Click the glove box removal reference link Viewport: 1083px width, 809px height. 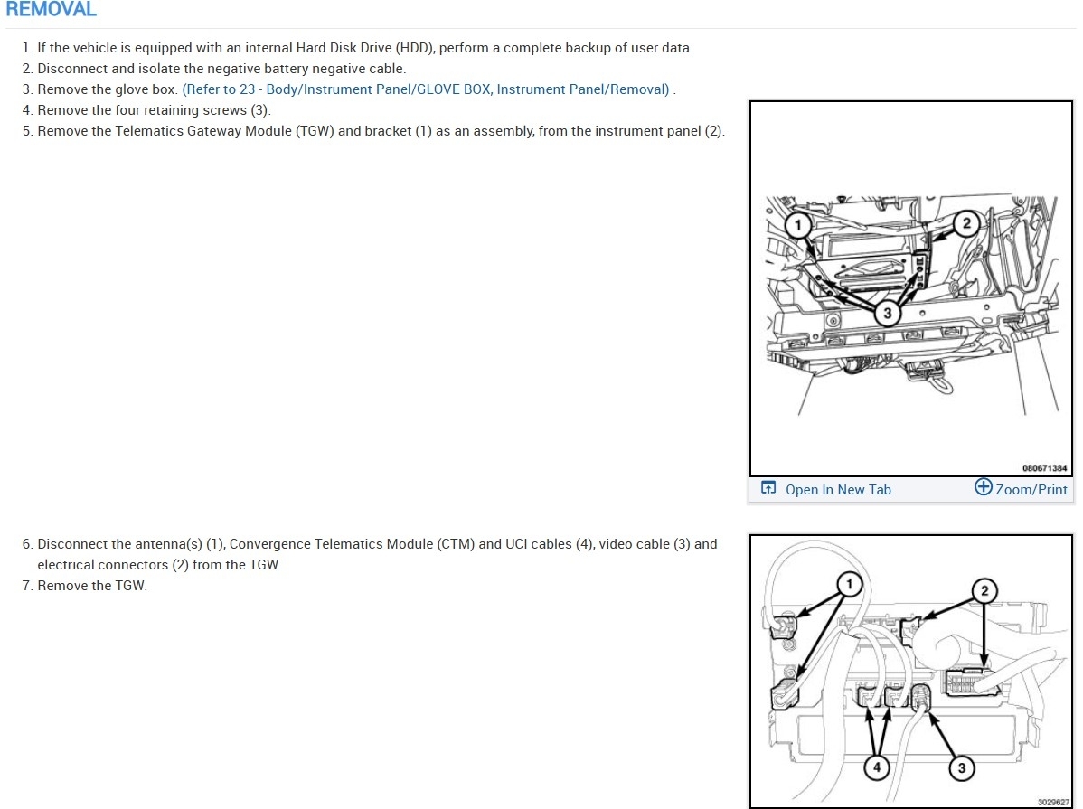426,89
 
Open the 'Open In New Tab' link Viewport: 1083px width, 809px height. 838,490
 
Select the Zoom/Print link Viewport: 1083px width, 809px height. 1031,490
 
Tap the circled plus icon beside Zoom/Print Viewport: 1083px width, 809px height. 983,487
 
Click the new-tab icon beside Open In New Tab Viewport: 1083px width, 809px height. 768,488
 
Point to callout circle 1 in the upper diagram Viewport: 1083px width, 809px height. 798,224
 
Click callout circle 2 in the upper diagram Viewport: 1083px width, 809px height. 966,223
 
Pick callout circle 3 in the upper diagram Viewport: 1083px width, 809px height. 888,313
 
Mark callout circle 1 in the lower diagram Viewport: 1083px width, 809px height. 849,585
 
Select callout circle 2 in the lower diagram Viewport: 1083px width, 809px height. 984,590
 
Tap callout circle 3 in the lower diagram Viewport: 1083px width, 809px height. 962,767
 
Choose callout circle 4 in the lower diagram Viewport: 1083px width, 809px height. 877,767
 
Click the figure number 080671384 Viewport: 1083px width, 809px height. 1044,468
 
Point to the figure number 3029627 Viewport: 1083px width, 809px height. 1053,802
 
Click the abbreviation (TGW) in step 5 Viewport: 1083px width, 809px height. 315,130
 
